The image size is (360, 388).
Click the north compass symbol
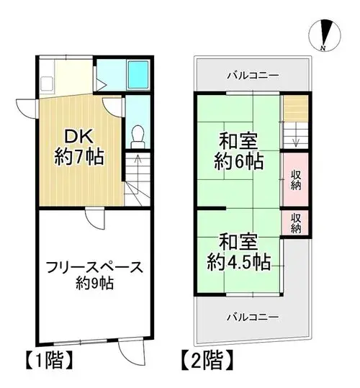tap(325, 35)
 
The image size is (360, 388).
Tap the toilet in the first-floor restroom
tap(138, 137)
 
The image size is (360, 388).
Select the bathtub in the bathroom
tap(138, 74)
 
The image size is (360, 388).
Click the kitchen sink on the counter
tap(47, 84)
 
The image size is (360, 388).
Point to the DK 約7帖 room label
tap(78, 147)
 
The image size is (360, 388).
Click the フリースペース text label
tap(94, 268)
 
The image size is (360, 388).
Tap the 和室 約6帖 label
tap(238, 151)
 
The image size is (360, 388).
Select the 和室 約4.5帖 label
tap(238, 252)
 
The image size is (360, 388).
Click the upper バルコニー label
tap(253, 75)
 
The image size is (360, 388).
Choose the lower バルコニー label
tap(253, 317)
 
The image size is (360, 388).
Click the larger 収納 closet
tap(296, 179)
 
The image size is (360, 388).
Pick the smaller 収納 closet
tap(296, 223)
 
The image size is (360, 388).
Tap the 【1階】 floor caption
tap(49, 360)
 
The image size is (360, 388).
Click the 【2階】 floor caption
tap(207, 360)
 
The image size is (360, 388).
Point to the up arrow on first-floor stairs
tap(138, 164)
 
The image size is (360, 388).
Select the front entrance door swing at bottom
tap(131, 352)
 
